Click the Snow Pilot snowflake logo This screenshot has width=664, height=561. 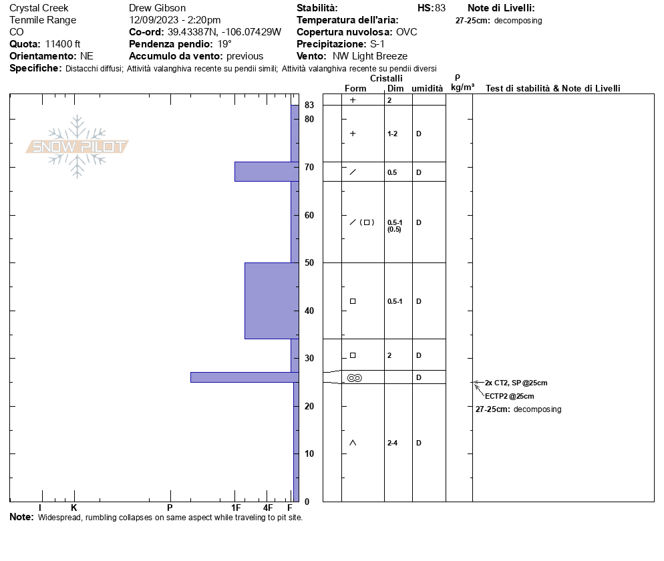tap(77, 146)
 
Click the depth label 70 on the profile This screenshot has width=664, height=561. tap(309, 167)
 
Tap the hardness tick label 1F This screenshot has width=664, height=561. tap(236, 508)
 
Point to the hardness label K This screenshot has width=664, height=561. tap(73, 508)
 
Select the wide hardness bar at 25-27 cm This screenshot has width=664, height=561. tap(244, 377)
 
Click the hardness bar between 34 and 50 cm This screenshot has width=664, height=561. tap(272, 301)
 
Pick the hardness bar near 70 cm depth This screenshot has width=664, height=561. tap(267, 172)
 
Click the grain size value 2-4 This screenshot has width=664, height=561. tap(392, 443)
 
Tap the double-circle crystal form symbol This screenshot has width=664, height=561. tap(355, 377)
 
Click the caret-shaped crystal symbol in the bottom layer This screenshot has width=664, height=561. tap(353, 443)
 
